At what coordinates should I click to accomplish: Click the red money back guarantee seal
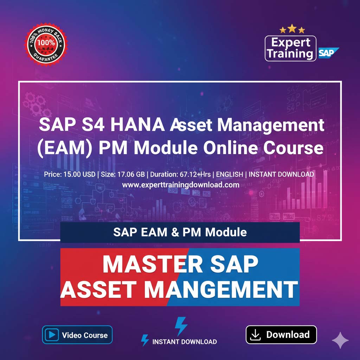tap(46, 45)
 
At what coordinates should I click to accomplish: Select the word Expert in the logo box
tap(291, 43)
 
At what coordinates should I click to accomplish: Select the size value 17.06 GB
tap(128, 174)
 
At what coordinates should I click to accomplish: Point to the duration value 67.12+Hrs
tap(198, 174)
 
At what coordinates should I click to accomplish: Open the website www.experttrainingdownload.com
tap(180, 185)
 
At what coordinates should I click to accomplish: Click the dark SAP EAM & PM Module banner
tap(180, 232)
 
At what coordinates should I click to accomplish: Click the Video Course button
tap(77, 334)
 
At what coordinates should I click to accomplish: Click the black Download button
tap(281, 334)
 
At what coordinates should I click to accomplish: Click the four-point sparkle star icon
tap(340, 340)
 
